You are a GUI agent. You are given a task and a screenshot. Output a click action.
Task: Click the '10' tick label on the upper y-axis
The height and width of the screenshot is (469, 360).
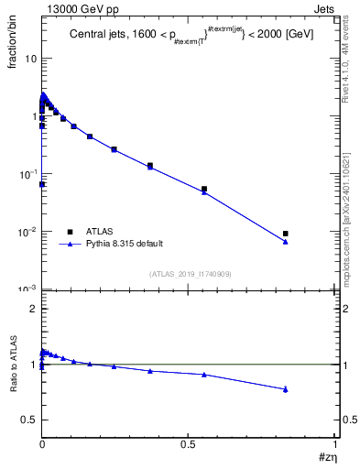(x=29, y=58)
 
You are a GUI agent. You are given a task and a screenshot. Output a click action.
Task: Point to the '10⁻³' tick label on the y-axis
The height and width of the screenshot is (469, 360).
(x=27, y=289)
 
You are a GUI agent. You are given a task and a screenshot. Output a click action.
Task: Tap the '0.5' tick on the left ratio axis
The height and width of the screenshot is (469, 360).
(x=28, y=420)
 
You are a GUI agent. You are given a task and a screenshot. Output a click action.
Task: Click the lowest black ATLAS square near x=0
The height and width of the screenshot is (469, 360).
(x=42, y=184)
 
